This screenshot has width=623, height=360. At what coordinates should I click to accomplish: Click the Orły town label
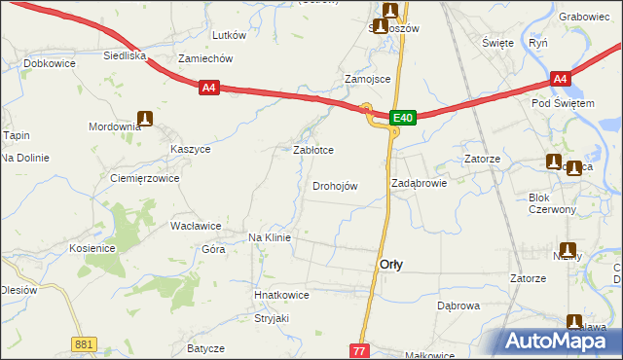391,264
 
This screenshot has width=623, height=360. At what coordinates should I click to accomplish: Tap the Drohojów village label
335,186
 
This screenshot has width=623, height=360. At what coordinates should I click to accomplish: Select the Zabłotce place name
313,151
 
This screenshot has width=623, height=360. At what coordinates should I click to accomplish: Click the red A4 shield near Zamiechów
208,89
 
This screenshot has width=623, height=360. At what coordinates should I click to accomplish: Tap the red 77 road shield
361,349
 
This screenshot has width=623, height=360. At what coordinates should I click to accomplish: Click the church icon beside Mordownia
146,119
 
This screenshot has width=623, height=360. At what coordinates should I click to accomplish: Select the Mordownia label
115,128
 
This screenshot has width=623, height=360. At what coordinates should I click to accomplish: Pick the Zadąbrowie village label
419,182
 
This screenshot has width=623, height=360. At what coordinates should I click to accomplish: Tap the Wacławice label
196,225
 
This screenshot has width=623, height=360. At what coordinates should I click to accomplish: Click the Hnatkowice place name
280,295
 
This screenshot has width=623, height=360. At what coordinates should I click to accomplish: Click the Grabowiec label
584,17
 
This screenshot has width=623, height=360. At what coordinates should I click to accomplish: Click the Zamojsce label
368,79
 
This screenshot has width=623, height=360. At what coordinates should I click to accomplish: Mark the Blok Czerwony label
552,203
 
